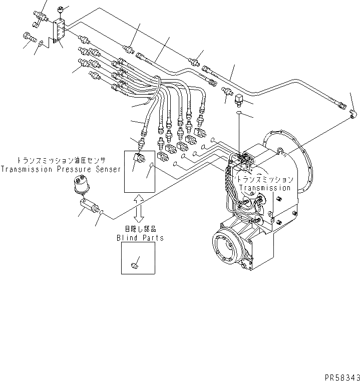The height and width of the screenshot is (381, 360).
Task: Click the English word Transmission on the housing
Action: pyautogui.click(x=264, y=188)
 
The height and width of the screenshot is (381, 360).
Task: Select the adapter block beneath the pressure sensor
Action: pyautogui.click(x=88, y=205)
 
